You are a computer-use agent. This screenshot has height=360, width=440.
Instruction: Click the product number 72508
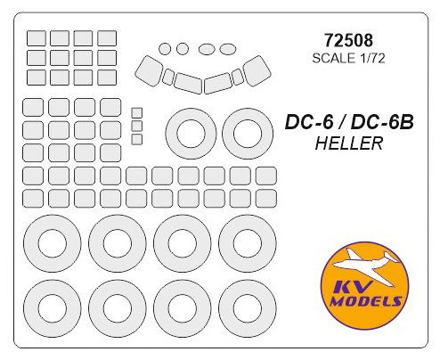pos(348,40)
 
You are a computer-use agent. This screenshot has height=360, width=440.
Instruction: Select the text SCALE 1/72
pos(348,58)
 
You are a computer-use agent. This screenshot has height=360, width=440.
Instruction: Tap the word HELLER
pos(349,143)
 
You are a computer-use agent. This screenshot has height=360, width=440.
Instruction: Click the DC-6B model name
pos(382,122)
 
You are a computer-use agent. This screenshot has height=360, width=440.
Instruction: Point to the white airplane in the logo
pos(365,265)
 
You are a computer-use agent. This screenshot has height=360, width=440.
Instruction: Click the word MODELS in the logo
pos(366,301)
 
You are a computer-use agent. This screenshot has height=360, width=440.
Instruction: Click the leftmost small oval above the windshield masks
pos(165,49)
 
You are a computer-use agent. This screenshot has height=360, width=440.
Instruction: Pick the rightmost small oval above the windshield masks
pos(228,49)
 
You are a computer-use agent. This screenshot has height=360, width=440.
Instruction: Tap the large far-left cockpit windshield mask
pos(149,71)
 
